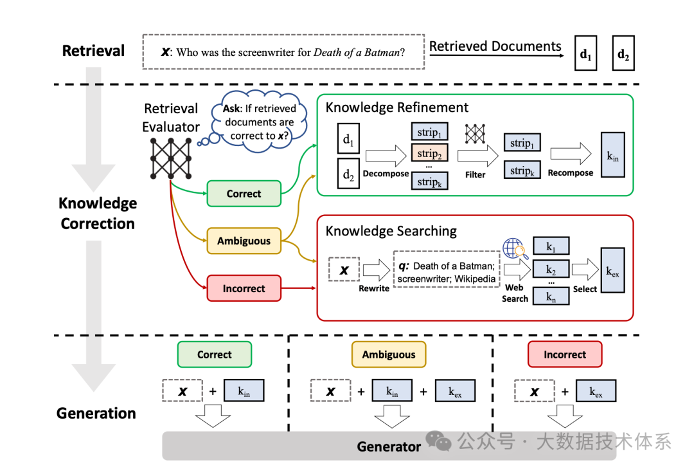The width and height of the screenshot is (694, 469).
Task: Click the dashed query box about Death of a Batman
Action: [283, 52]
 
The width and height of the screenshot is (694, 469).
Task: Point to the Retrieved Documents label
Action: [495, 46]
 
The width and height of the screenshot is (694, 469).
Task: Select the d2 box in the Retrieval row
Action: [623, 53]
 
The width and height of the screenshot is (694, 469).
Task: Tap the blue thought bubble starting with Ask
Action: [260, 122]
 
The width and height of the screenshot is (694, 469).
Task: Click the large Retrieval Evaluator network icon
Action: [171, 158]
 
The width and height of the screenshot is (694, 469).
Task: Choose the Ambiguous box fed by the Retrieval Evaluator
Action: [244, 241]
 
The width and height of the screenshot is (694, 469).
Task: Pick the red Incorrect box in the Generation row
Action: [565, 354]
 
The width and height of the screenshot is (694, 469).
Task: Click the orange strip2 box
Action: [429, 153]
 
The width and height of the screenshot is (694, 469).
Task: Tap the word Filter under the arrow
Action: [476, 174]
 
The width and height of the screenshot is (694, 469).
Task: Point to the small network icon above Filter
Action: [475, 133]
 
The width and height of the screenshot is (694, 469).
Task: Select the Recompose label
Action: [571, 173]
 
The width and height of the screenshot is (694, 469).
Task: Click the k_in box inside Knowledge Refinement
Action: [613, 154]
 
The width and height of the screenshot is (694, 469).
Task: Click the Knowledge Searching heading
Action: [391, 231]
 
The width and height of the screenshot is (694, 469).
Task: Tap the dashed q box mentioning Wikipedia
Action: [447, 269]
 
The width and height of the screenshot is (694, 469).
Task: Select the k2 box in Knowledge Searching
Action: [551, 269]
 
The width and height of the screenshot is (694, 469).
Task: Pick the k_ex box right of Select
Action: [613, 270]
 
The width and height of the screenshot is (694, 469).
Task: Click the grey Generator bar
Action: [389, 446]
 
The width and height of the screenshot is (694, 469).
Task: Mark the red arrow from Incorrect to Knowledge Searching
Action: [299, 288]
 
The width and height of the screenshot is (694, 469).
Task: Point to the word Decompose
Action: [386, 173]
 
